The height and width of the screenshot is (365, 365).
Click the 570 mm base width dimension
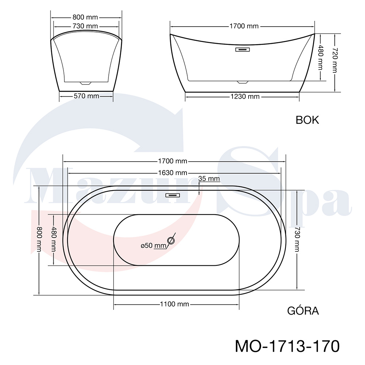pyautogui.click(x=87, y=96)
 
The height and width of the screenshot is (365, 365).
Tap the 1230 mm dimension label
pyautogui.click(x=245, y=96)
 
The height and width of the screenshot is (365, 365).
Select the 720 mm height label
pyautogui.click(x=335, y=60)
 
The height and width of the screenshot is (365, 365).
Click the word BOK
pyautogui.click(x=307, y=120)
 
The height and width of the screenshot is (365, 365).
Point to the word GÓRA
pyautogui.click(x=303, y=311)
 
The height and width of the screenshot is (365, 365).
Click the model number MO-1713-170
pyautogui.click(x=287, y=346)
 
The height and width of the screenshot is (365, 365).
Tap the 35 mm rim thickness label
pyautogui.click(x=209, y=179)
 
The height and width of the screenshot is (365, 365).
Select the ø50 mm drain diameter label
pyautogui.click(x=153, y=245)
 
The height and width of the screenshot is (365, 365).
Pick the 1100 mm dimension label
pyautogui.click(x=174, y=304)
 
